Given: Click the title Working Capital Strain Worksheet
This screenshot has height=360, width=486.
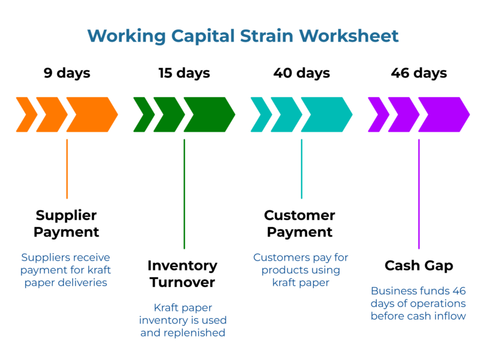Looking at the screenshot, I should [x=243, y=36].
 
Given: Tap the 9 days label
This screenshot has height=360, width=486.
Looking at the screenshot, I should [x=67, y=73].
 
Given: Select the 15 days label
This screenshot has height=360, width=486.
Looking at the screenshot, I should [x=184, y=73].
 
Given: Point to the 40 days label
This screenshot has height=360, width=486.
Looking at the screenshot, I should [x=301, y=73].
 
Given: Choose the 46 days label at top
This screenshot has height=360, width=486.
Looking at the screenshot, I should [x=419, y=73].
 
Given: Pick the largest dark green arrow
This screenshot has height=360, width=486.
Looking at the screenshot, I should [x=209, y=114].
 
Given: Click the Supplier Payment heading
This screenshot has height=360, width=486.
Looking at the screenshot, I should [x=66, y=223].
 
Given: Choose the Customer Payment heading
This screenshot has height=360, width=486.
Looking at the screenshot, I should [x=299, y=223].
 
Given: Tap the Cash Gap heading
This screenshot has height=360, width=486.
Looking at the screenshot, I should [x=419, y=266].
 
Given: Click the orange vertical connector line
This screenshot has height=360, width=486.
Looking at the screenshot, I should [x=67, y=168].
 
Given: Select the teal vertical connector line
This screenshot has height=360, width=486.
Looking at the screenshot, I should [x=301, y=168].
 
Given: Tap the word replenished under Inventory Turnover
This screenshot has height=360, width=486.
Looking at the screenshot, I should [x=194, y=332].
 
